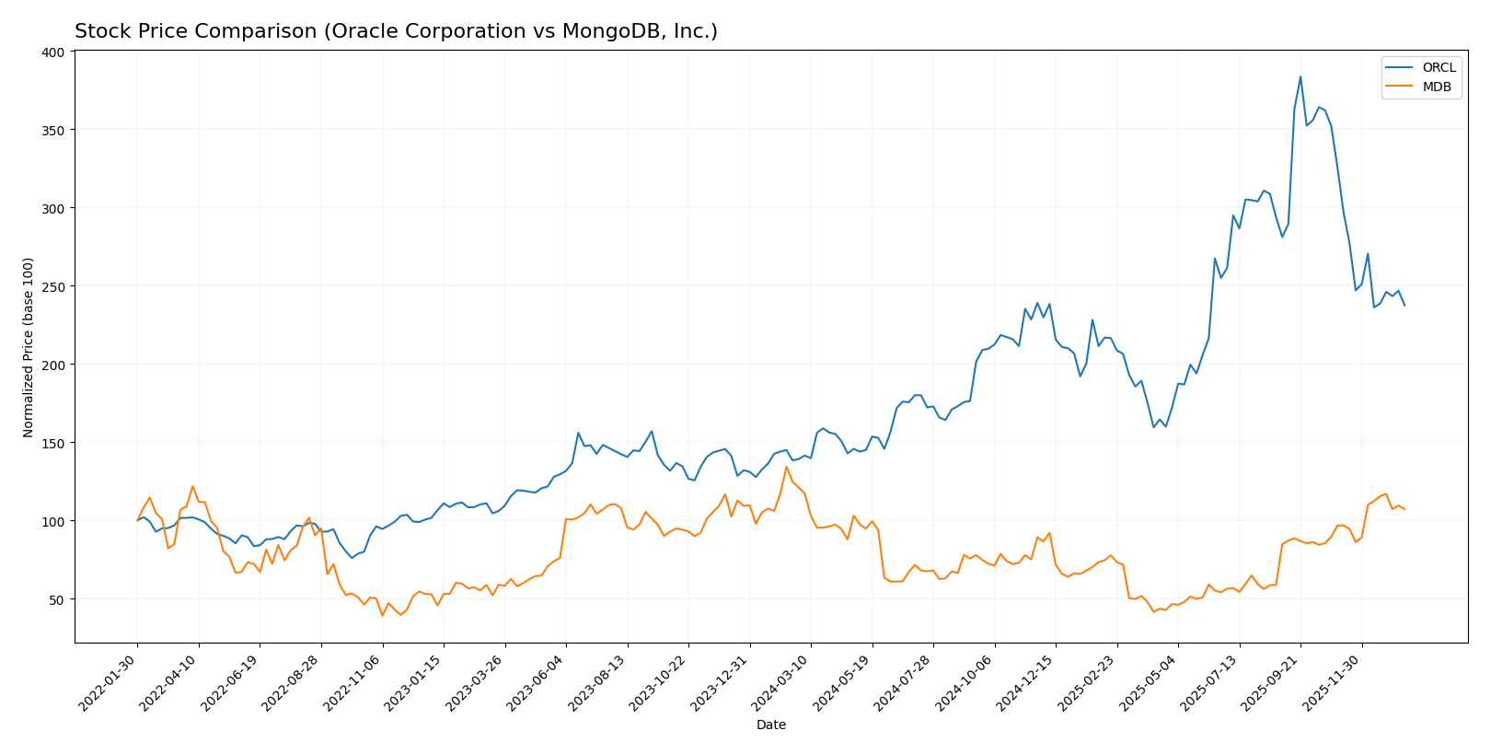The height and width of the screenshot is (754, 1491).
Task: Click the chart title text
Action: (396, 31)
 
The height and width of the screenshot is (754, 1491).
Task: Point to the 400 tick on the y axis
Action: (53, 52)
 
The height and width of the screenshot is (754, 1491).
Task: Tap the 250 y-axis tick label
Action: (53, 286)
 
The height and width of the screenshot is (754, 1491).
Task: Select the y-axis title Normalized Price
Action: (29, 347)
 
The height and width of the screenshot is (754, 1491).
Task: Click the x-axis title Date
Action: (771, 725)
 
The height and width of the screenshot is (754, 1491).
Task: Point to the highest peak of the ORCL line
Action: (1300, 76)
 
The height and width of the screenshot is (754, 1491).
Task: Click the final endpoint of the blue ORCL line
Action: (1404, 305)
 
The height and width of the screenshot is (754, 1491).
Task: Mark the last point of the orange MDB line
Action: (1404, 509)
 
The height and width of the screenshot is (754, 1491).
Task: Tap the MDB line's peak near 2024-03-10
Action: (786, 467)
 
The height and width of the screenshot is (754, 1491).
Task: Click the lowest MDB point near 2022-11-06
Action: (382, 615)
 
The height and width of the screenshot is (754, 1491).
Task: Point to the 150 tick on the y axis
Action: (53, 443)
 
